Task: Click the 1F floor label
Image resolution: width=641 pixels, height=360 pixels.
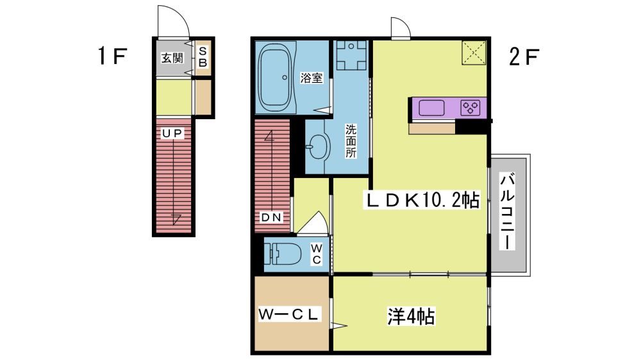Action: (x=112, y=56)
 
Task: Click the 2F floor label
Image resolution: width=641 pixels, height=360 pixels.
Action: (x=524, y=57)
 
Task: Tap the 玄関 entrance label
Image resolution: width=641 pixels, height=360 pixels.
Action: (x=172, y=58)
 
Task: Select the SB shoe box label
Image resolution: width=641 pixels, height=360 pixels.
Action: (x=203, y=57)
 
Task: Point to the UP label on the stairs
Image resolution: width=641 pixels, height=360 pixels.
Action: (x=172, y=133)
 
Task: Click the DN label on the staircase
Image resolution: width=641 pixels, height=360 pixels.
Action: (x=271, y=217)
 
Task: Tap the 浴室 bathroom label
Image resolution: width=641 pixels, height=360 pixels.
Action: (x=312, y=78)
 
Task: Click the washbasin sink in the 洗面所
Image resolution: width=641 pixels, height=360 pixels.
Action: (x=319, y=145)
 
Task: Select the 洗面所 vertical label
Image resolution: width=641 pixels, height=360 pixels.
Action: (x=351, y=142)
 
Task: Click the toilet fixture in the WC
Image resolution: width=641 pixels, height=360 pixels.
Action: (x=283, y=254)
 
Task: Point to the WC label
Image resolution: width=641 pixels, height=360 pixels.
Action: (x=317, y=254)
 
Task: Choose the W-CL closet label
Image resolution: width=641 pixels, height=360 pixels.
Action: (x=288, y=315)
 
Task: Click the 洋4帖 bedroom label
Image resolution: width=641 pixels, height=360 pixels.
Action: (x=411, y=316)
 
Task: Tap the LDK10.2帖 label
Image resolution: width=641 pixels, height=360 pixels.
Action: (x=422, y=200)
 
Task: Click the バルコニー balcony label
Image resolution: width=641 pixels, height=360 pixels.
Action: (x=507, y=211)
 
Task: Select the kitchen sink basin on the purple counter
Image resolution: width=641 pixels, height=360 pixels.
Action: (x=431, y=108)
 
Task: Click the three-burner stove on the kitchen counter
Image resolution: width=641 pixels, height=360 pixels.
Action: (x=470, y=108)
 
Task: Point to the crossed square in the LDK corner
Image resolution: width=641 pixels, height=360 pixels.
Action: (x=474, y=53)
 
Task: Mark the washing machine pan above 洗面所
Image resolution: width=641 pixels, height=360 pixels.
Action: (x=351, y=55)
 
